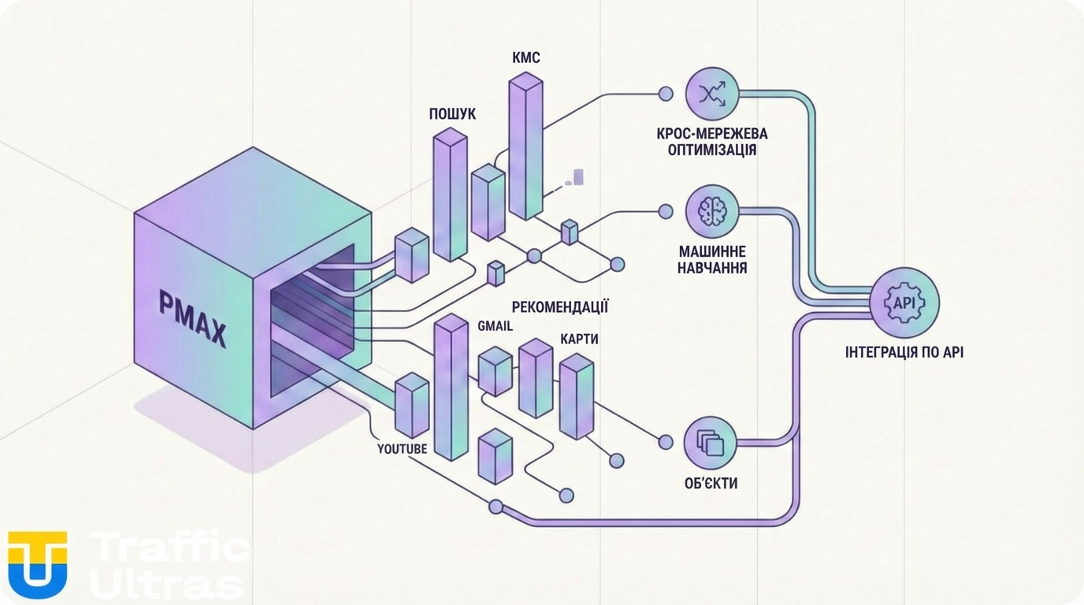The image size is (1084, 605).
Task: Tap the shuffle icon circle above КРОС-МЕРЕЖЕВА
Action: pyautogui.click(x=711, y=94)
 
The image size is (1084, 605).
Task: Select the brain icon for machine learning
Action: pyautogui.click(x=711, y=211)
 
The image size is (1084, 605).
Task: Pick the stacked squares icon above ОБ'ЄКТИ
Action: pyautogui.click(x=711, y=443)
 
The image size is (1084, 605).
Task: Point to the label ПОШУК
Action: pyautogui.click(x=452, y=114)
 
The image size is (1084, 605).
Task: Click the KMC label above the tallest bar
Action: pyautogui.click(x=525, y=58)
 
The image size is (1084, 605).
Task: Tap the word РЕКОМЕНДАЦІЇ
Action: pyautogui.click(x=560, y=306)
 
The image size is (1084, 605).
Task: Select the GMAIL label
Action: pyautogui.click(x=495, y=325)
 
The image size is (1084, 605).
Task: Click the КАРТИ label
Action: pyautogui.click(x=579, y=339)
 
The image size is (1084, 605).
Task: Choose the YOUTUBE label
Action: pyautogui.click(x=402, y=449)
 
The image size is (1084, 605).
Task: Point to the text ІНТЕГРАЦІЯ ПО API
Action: pyautogui.click(x=904, y=352)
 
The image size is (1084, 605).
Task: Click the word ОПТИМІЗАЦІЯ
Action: pyautogui.click(x=711, y=150)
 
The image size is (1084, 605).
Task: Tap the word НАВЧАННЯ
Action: pyautogui.click(x=712, y=268)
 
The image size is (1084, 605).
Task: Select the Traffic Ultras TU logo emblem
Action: pyautogui.click(x=37, y=564)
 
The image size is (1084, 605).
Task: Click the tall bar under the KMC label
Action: pyautogui.click(x=525, y=146)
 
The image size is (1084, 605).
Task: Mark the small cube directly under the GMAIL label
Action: pyautogui.click(x=496, y=370)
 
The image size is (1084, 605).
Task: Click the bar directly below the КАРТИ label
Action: pyautogui.click(x=576, y=395)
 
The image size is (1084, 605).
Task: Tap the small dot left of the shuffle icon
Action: pyautogui.click(x=666, y=95)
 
